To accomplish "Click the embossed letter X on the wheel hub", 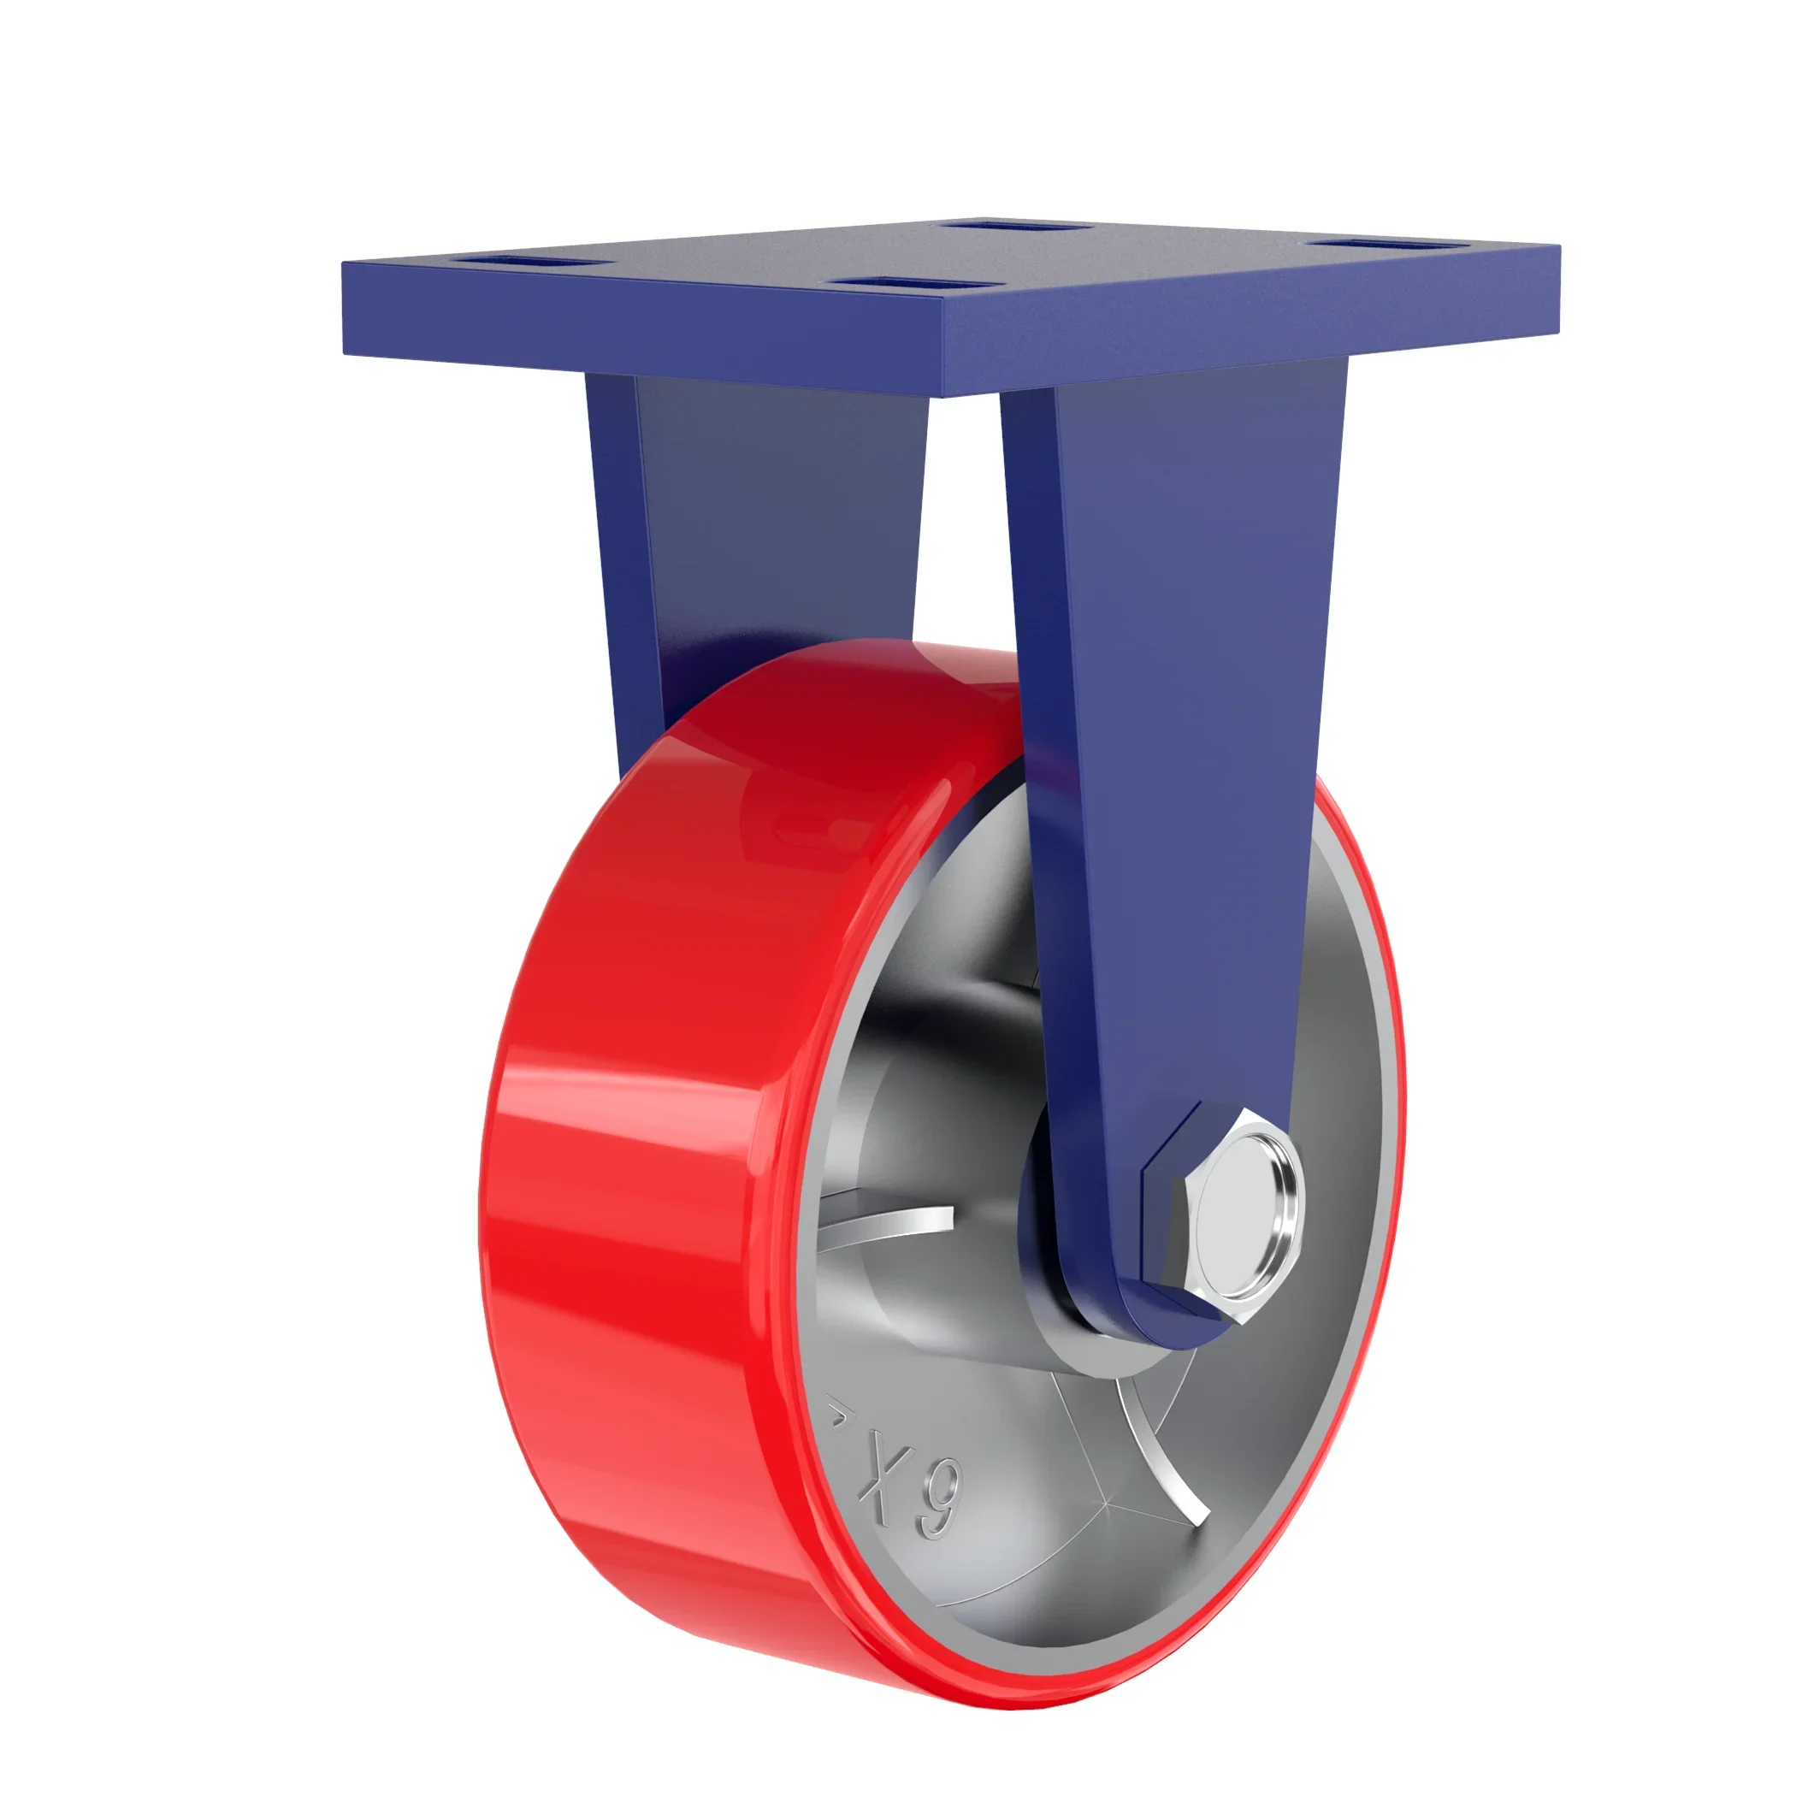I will pyautogui.click(x=877, y=1473).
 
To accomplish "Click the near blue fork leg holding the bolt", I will pyautogui.click(x=1178, y=753).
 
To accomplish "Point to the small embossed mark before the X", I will pyautogui.click(x=835, y=1413).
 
